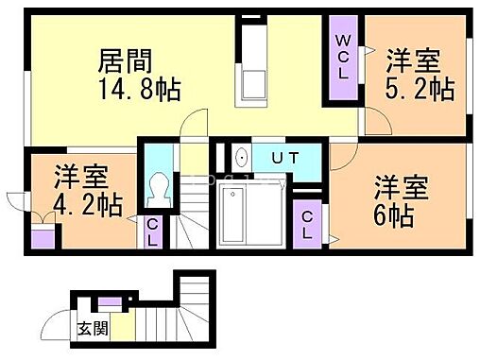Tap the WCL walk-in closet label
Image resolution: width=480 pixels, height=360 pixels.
pos(342,57)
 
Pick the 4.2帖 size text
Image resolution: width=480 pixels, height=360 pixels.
pos(87,204)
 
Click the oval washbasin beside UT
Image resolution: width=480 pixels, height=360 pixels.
pos(240,159)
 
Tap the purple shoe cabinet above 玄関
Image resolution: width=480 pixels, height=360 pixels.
pos(109,304)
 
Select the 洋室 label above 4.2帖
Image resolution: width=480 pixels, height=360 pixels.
pos(80,176)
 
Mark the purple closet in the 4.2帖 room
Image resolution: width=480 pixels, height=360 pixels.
pos(42,236)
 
